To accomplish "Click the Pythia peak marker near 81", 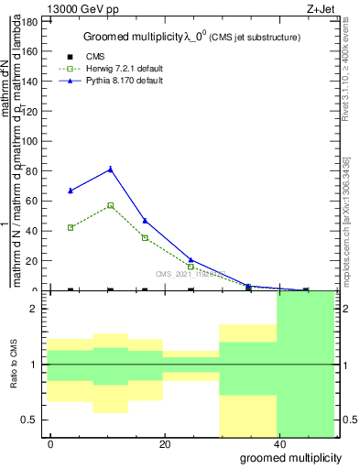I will (111, 169).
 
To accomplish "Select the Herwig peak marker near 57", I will (111, 205).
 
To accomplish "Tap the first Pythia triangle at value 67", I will (71, 191).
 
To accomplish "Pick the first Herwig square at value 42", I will (71, 227).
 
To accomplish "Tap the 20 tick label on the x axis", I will (164, 443).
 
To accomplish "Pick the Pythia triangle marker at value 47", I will (145, 221).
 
